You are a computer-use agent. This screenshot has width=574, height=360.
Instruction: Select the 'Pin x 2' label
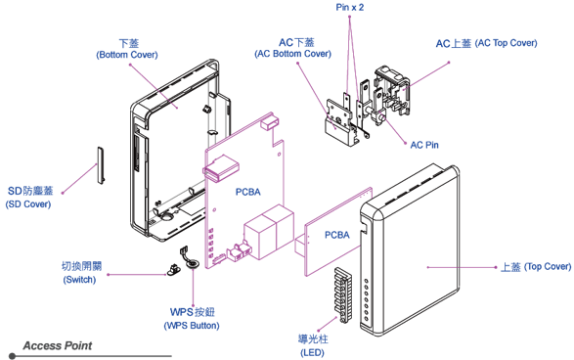click(349, 7)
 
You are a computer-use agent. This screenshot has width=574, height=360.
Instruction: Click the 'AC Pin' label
click(422, 144)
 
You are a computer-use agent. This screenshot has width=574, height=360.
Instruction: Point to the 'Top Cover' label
click(535, 266)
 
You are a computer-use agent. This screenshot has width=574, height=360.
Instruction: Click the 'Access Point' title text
click(59, 345)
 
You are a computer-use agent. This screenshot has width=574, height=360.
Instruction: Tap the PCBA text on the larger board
click(248, 193)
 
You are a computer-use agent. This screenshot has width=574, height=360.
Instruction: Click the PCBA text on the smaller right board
click(336, 234)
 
